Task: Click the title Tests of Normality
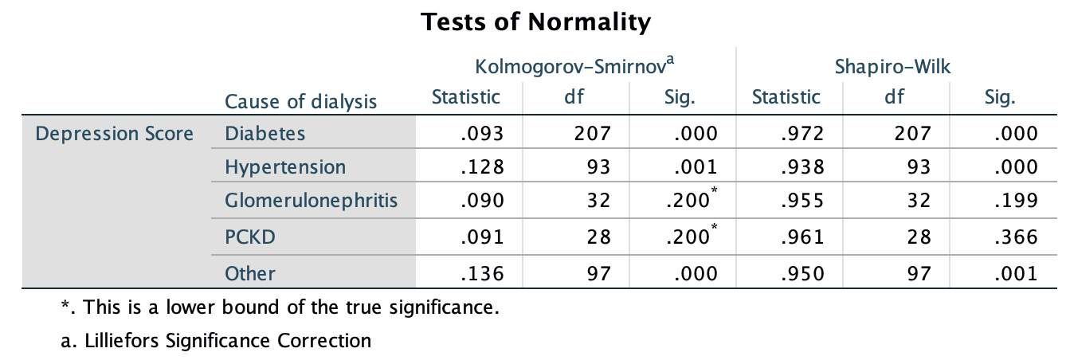point(535,22)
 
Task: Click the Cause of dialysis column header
point(301,101)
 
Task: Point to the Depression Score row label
point(115,133)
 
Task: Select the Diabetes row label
point(265,133)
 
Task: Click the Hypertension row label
point(285,167)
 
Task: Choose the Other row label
point(250,273)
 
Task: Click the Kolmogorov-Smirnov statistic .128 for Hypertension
point(482,167)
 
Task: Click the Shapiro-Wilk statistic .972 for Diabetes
point(801,133)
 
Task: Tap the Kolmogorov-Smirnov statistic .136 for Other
point(482,273)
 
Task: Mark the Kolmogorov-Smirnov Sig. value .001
point(696,167)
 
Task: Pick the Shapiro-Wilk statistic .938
point(801,167)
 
